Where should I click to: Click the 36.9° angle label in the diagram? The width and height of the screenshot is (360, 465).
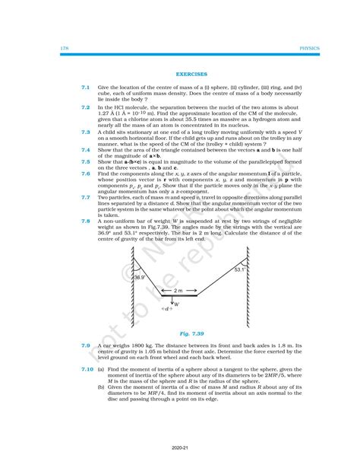click(138, 279)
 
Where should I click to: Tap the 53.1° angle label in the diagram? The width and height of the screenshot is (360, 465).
click(240, 269)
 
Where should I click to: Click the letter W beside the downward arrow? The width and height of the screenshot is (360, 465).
click(176, 303)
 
